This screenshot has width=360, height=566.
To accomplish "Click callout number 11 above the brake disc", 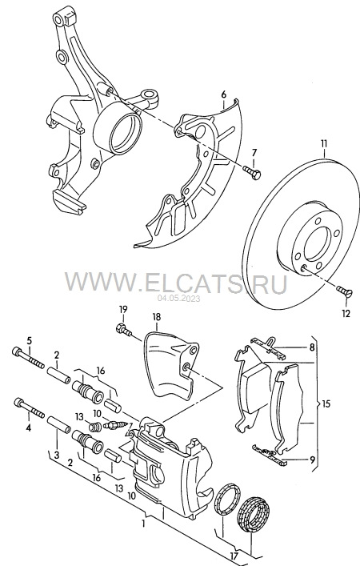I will (x=323, y=144).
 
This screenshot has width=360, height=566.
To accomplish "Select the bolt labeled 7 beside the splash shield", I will (x=252, y=171).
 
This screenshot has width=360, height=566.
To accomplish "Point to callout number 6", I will (x=224, y=94).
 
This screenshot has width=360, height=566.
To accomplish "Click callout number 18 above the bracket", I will (x=157, y=317).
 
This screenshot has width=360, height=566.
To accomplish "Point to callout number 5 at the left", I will (x=29, y=339).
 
